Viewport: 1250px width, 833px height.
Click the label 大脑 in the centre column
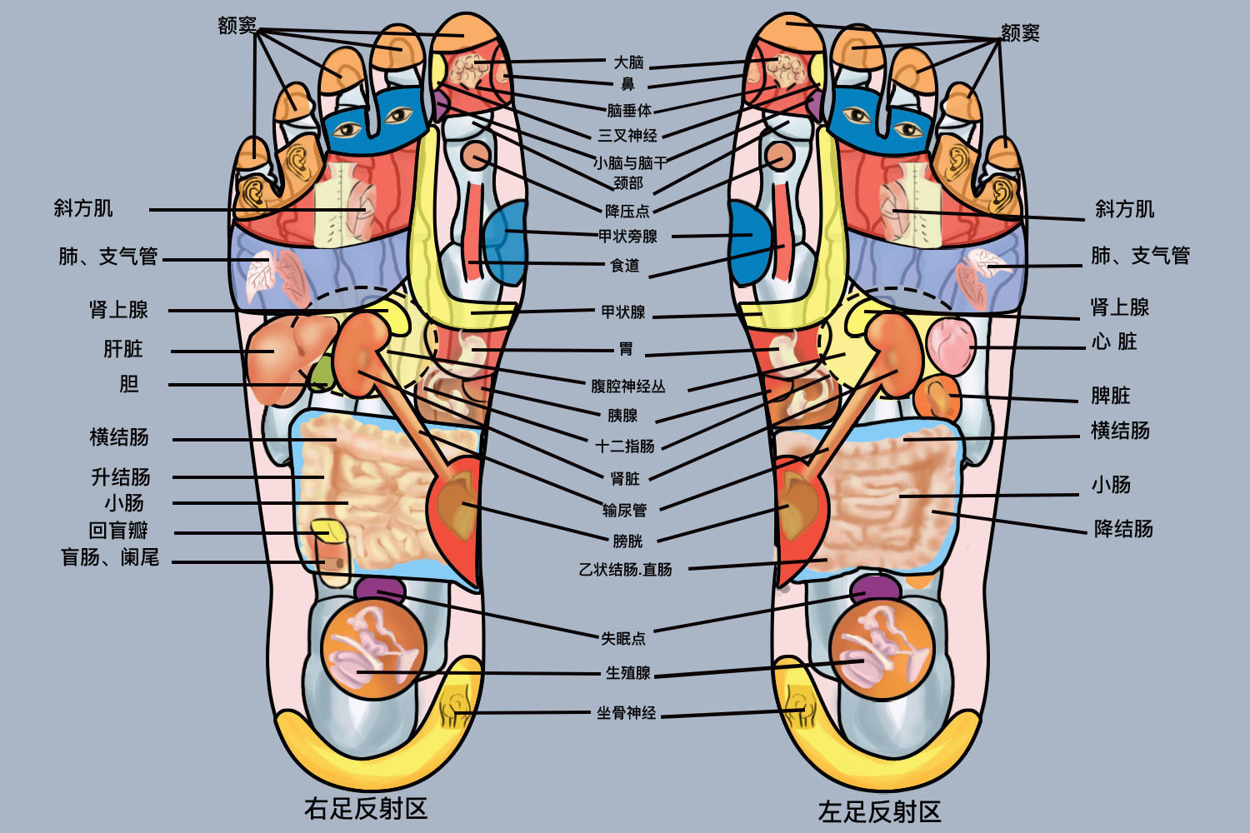pos(628,62)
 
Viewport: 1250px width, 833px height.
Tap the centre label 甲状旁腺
pos(627,237)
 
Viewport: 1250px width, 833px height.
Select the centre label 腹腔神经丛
pos(627,387)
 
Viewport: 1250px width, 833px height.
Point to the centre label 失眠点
pos(623,639)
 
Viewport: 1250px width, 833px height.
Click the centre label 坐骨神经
pos(626,713)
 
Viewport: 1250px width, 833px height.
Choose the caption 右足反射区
pos(366,808)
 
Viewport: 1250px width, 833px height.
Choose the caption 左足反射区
pos(879,811)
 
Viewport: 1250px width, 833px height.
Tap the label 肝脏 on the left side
pos(123,349)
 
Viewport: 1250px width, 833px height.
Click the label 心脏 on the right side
pos(1115,342)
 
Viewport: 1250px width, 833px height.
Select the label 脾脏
pos(1111,396)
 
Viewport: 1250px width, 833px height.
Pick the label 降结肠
pos(1123,529)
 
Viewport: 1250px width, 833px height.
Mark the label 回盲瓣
pos(118,531)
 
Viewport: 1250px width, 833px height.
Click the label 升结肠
pos(121,477)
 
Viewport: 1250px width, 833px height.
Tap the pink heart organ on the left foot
pos(950,345)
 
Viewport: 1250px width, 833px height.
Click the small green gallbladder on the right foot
pos(319,375)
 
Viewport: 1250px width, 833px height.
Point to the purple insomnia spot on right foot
pos(379,590)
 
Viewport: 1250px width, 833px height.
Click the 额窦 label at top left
pos(237,26)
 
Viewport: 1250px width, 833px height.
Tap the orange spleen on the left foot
pos(937,398)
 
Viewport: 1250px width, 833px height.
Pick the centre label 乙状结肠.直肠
pos(625,570)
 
